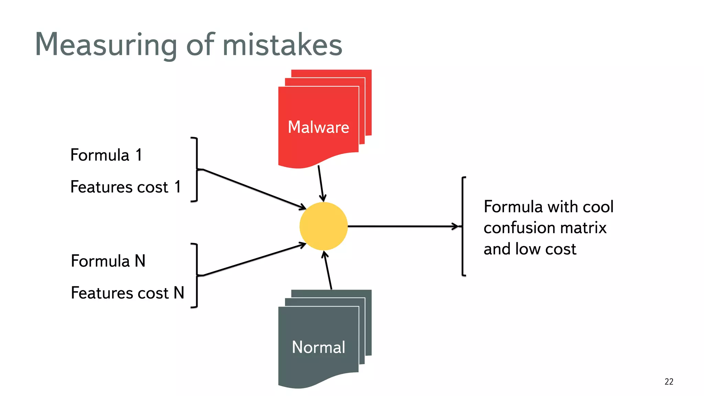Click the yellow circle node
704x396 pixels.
[323, 226]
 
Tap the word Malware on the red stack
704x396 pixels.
[318, 127]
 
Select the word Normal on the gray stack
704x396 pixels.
[318, 347]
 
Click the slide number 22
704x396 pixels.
[669, 382]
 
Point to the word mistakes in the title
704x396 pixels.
[282, 45]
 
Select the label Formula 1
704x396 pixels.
[106, 155]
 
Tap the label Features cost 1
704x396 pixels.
[125, 187]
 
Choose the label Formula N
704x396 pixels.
[108, 261]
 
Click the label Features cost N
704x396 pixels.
[127, 293]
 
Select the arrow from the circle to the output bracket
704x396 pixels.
[402, 226]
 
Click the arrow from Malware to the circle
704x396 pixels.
[321, 183]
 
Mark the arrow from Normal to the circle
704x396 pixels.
[328, 271]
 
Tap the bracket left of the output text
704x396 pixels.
[463, 226]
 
